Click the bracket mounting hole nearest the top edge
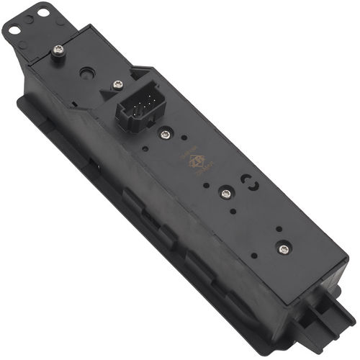44,13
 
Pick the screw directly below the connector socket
166,134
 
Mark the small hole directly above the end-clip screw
279,230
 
